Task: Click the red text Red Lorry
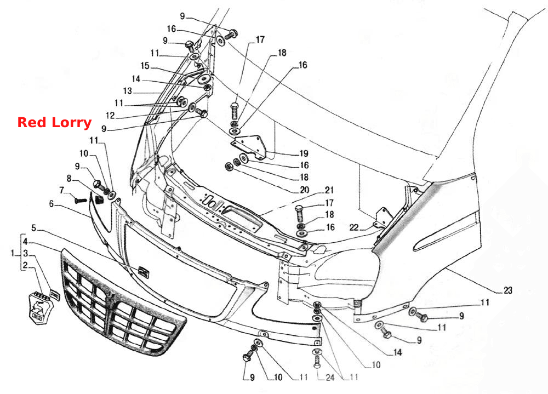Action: (x=54, y=122)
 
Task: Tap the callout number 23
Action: (x=507, y=290)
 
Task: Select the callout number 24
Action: (x=330, y=377)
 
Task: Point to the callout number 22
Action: (x=353, y=227)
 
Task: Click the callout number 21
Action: (x=329, y=190)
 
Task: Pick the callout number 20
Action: (x=304, y=190)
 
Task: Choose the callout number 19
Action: (x=304, y=153)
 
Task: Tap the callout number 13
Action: (x=127, y=91)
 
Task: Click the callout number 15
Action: (x=145, y=66)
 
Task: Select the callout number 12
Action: (x=110, y=116)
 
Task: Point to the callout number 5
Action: (x=33, y=229)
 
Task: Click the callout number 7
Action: (x=61, y=191)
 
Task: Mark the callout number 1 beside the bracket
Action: (x=13, y=253)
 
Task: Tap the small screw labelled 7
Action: (x=81, y=201)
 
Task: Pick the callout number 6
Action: (x=52, y=204)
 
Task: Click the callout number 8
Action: (x=69, y=179)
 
